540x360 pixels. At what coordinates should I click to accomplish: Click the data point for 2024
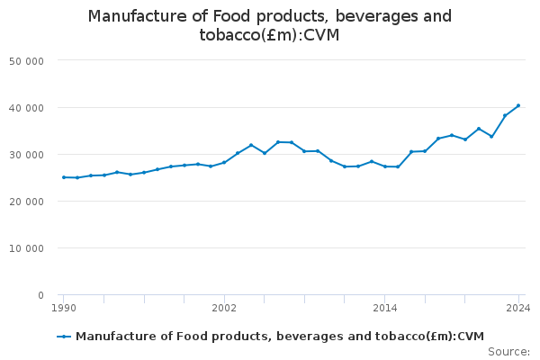click(518, 105)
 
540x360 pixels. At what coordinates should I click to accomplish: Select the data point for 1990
click(63, 177)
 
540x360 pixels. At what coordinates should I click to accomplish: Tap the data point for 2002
click(224, 162)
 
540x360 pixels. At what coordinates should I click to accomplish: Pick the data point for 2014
click(384, 166)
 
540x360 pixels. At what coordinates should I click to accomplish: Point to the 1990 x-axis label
click(63, 309)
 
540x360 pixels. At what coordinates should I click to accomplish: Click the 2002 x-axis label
click(224, 309)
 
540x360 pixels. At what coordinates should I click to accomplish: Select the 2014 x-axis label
click(384, 309)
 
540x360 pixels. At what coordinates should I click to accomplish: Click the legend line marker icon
click(64, 337)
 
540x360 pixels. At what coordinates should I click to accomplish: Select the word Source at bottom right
click(508, 352)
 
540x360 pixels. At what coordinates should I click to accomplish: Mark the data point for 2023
click(505, 116)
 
